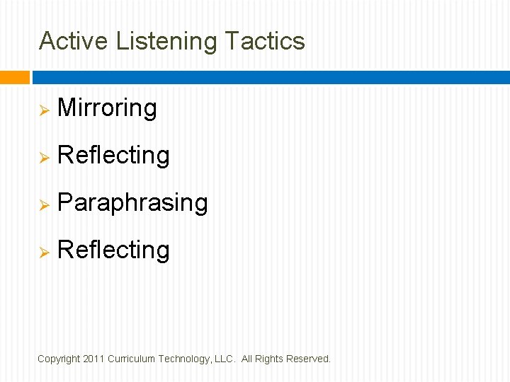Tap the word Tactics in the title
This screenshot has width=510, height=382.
point(265,41)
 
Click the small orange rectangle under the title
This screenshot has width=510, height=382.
point(14,77)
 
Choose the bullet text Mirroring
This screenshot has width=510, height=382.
point(107,108)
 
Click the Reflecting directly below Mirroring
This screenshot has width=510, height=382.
point(113,156)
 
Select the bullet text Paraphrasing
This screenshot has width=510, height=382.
point(132,203)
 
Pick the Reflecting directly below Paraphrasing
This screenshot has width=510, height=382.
point(113,250)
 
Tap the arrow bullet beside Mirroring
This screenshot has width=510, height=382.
point(43,110)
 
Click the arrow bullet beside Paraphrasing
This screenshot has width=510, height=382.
point(43,204)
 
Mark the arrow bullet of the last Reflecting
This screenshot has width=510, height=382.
point(43,252)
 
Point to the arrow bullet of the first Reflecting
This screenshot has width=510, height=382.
point(43,157)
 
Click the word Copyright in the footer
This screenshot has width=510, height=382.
point(59,359)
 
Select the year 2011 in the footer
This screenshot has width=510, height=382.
point(93,359)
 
